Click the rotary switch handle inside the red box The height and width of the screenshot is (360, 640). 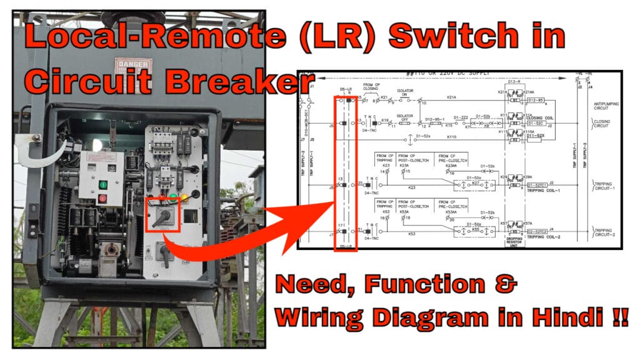click(163, 214)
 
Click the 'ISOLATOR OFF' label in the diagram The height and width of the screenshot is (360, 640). click(405, 117)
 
